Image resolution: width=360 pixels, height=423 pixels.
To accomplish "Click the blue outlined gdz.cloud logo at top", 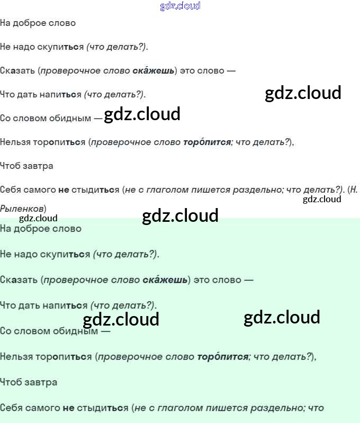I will point(180,6).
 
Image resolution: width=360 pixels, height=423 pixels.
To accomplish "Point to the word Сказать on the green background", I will point(19,280).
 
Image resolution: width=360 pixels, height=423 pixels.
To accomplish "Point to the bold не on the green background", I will point(68,408).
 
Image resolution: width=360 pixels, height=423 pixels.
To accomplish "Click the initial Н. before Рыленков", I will point(354,190).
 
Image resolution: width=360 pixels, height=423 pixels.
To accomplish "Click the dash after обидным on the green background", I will point(105,331).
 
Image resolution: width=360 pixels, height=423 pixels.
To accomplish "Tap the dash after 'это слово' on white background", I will point(231,70).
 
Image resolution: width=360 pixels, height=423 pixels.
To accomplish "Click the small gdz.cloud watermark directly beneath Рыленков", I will point(38,218).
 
